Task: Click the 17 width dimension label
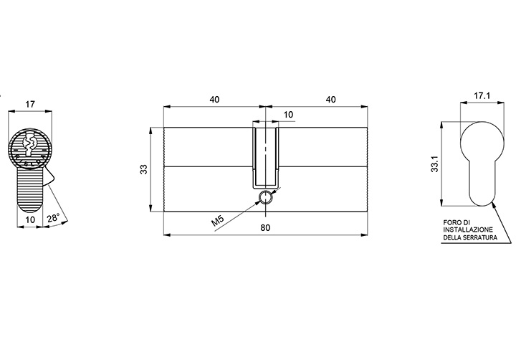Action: pyautogui.click(x=30, y=105)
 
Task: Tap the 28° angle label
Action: pyautogui.click(x=53, y=218)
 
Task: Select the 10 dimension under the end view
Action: pyautogui.click(x=30, y=219)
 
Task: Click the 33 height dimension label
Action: pyautogui.click(x=144, y=169)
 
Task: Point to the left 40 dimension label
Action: pyautogui.click(x=214, y=100)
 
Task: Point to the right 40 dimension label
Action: pyautogui.click(x=330, y=100)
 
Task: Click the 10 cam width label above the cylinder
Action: pyautogui.click(x=288, y=115)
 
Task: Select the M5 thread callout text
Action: pyautogui.click(x=218, y=220)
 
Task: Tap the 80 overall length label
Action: pyautogui.click(x=265, y=227)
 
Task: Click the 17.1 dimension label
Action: pyautogui.click(x=482, y=96)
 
